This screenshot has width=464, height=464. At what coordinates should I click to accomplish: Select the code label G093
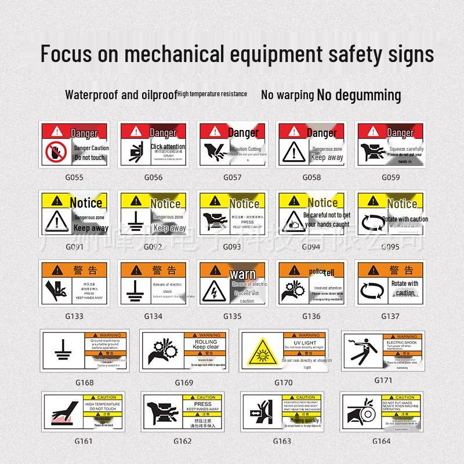[233, 246]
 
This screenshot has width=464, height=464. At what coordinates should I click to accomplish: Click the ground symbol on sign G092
[136, 223]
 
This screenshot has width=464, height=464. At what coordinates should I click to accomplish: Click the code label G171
[383, 380]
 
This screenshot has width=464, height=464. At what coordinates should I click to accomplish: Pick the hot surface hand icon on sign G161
[63, 414]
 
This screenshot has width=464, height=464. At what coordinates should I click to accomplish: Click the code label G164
[381, 440]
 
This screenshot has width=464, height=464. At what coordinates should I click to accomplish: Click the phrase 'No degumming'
[359, 95]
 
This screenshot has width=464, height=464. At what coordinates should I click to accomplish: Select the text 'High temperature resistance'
[212, 94]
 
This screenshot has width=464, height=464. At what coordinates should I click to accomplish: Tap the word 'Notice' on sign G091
[86, 202]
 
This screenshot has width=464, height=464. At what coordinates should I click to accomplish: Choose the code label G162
[182, 441]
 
